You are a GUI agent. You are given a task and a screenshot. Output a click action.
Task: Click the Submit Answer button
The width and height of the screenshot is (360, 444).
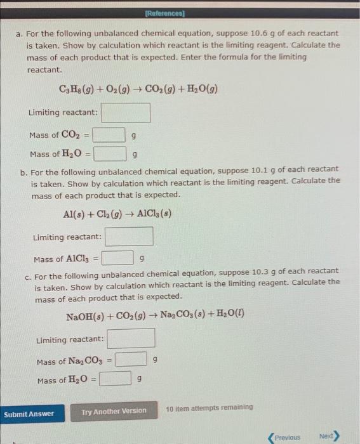29,414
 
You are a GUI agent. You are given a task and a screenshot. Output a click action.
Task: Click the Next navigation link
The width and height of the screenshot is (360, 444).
328,436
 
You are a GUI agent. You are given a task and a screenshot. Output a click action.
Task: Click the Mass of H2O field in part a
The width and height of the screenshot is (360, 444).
109,154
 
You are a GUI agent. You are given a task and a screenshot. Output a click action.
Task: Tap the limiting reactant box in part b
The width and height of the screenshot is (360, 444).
130,237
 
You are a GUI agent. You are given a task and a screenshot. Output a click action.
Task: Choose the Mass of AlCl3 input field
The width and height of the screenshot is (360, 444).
117,259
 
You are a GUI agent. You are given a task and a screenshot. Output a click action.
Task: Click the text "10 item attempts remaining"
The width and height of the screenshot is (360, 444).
209,407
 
